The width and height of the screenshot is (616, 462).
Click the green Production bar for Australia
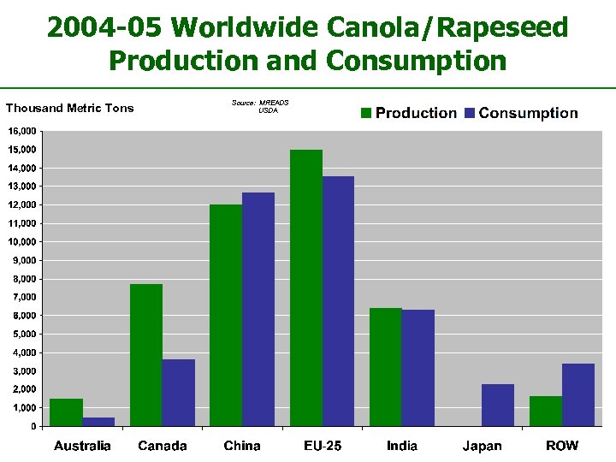click(x=66, y=412)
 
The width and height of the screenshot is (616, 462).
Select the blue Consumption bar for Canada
click(x=178, y=393)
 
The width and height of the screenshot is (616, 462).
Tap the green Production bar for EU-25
click(x=306, y=288)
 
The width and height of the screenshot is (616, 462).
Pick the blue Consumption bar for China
click(x=258, y=310)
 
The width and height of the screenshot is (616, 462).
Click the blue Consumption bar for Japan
click(x=498, y=405)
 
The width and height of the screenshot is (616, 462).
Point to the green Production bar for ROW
click(x=546, y=411)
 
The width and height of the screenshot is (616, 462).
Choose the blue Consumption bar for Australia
click(x=98, y=422)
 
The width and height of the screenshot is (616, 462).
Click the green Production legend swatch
click(x=365, y=113)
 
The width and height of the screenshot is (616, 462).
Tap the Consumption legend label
click(x=528, y=113)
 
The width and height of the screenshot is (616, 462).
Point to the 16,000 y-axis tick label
click(x=22, y=132)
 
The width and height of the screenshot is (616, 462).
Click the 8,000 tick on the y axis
click(x=24, y=279)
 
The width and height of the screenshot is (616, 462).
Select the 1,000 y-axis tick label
click(x=24, y=408)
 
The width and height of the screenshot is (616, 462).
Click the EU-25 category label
click(x=322, y=446)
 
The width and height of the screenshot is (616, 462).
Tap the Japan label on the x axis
click(x=483, y=446)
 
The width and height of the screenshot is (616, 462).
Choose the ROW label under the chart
click(x=562, y=446)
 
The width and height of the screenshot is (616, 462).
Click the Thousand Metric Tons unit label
click(x=70, y=108)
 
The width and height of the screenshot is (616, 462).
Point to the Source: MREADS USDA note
click(x=260, y=106)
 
